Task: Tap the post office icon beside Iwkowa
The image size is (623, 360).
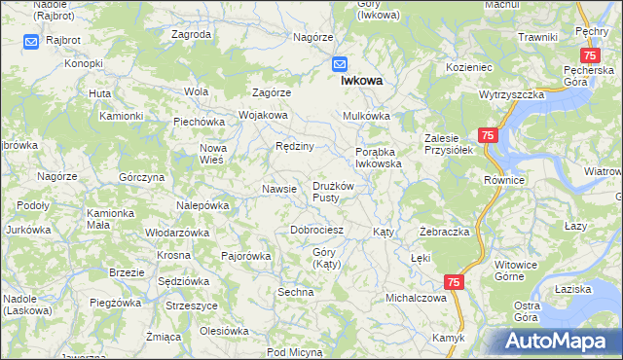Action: pyautogui.click(x=340, y=64)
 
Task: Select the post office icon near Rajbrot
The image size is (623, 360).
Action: pyautogui.click(x=31, y=42)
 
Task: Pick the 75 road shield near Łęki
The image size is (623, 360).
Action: pyautogui.click(x=454, y=281)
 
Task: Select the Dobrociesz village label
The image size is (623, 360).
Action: pyautogui.click(x=317, y=231)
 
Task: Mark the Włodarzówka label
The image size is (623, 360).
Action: pyautogui.click(x=177, y=234)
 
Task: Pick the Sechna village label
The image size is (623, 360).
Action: pyautogui.click(x=295, y=292)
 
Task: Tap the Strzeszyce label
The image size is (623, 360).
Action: pyautogui.click(x=191, y=306)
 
